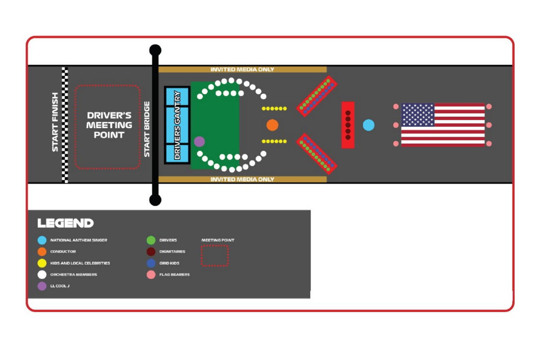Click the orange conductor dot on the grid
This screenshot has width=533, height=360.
pyautogui.click(x=272, y=125)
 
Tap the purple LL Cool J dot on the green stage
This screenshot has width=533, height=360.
pyautogui.click(x=199, y=141)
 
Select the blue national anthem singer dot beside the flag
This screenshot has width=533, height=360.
pyautogui.click(x=369, y=125)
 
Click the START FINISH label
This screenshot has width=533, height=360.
pyautogui.click(x=55, y=122)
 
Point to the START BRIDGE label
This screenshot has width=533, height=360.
pyautogui.click(x=147, y=129)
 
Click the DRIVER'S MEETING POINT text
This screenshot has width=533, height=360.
pyautogui.click(x=109, y=125)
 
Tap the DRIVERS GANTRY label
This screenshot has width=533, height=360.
pyautogui.click(x=178, y=125)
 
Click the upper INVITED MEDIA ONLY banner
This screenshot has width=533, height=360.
pyautogui.click(x=242, y=69)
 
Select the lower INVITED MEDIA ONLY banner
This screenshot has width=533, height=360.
pyautogui.click(x=242, y=179)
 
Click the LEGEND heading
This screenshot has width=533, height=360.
pyautogui.click(x=66, y=223)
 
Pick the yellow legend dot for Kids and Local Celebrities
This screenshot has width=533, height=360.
pyautogui.click(x=42, y=263)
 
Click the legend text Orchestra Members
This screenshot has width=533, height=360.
pyautogui.click(x=74, y=275)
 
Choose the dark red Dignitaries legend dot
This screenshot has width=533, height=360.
pyautogui.click(x=151, y=252)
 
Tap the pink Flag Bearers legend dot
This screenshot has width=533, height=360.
pyautogui.click(x=151, y=275)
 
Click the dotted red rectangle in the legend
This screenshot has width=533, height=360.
pyautogui.click(x=215, y=256)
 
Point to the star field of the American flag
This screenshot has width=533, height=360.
pyautogui.click(x=418, y=115)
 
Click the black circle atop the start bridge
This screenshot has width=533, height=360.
pyautogui.click(x=155, y=50)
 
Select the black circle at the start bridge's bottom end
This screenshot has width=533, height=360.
pyautogui.click(x=155, y=200)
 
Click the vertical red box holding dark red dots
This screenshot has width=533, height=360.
pyautogui.click(x=348, y=125)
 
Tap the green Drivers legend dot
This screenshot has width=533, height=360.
pyautogui.click(x=151, y=240)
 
